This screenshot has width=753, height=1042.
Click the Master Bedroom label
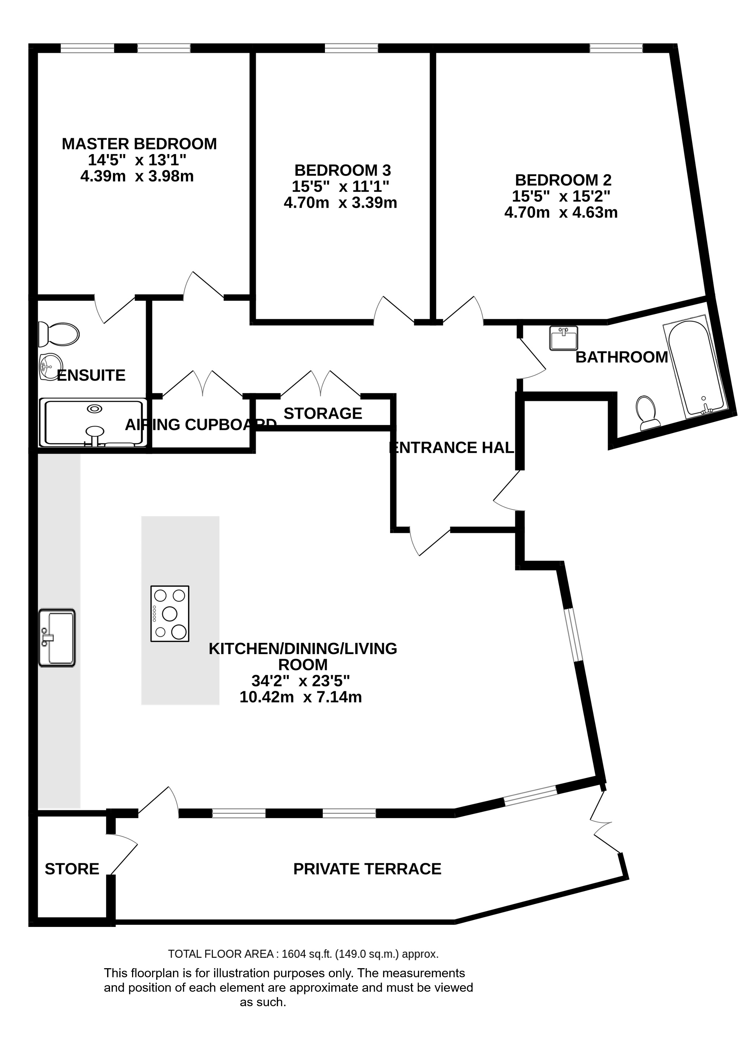(139, 144)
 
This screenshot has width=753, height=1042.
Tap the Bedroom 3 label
(342, 170)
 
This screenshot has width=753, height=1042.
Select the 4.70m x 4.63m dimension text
(560, 213)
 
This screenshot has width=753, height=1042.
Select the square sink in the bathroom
(564, 339)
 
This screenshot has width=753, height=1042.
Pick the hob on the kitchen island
(170, 613)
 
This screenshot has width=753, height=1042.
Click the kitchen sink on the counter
(57, 638)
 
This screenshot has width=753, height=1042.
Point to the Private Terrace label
(367, 869)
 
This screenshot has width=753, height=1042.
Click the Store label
(72, 869)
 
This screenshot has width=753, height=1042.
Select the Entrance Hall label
(452, 448)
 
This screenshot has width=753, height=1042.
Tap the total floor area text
(303, 954)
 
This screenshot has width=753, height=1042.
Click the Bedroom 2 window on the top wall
(616, 48)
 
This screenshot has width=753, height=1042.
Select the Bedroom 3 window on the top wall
(351, 48)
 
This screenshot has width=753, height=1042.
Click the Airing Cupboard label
(201, 424)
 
